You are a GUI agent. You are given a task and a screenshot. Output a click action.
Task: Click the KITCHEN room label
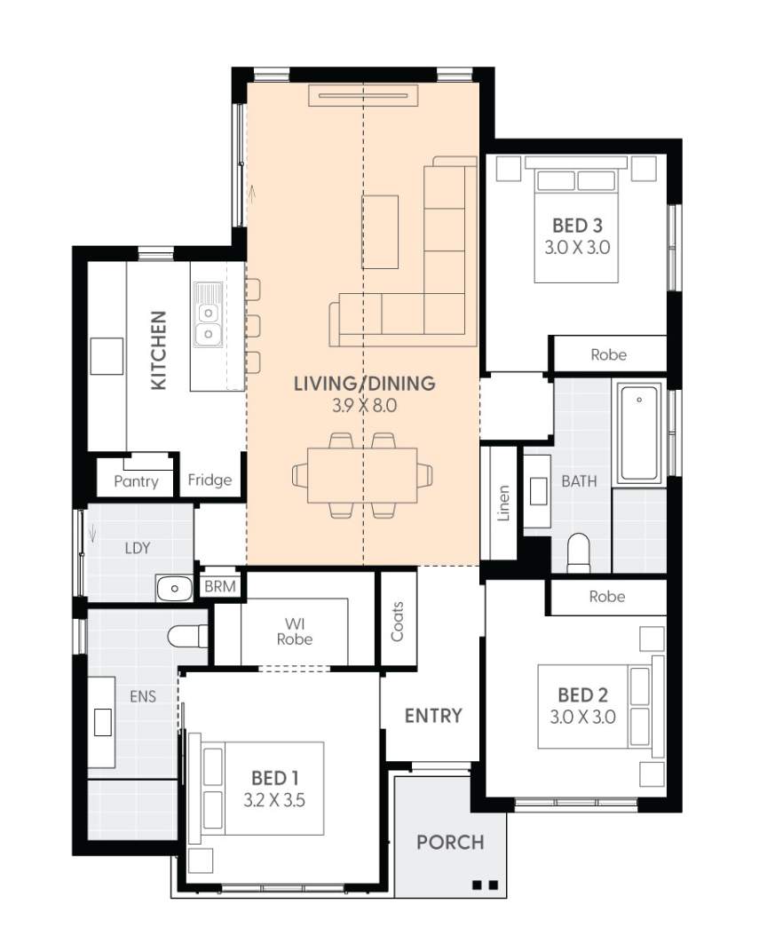(x=158, y=350)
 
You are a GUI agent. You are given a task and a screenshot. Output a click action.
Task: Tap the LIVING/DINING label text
(x=364, y=384)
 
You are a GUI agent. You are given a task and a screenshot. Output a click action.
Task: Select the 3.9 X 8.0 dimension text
(x=364, y=407)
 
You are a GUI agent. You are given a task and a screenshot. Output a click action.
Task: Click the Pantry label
(x=136, y=481)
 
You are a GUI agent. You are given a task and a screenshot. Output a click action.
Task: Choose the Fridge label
(x=210, y=480)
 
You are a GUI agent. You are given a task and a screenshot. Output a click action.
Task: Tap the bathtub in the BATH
(x=640, y=433)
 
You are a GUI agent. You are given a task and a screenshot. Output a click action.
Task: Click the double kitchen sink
(x=208, y=323)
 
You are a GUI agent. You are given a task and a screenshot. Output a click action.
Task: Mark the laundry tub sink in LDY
(x=174, y=587)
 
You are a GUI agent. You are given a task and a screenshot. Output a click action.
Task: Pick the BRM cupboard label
(x=219, y=587)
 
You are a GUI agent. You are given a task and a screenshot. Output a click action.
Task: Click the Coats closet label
(x=397, y=622)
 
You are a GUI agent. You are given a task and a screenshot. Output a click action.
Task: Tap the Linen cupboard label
(x=503, y=503)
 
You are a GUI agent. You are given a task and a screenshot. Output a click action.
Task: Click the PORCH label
(x=450, y=842)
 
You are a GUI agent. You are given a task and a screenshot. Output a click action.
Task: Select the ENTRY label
(x=433, y=715)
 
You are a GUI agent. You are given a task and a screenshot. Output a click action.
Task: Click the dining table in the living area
(x=362, y=475)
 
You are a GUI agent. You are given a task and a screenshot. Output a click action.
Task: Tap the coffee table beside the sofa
(x=380, y=231)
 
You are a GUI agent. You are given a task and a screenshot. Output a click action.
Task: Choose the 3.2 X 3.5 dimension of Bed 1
(x=274, y=798)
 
